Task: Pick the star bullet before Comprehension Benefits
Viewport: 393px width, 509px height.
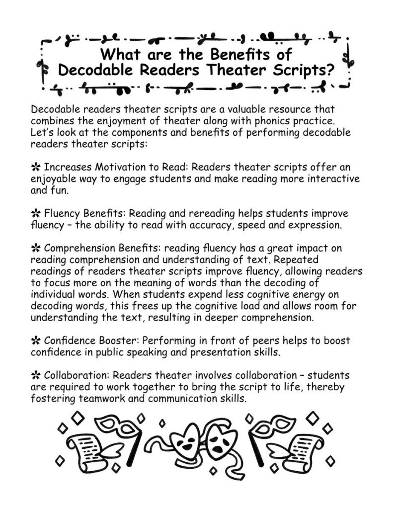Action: point(35,248)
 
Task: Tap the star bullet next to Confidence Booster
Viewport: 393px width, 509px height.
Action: point(35,340)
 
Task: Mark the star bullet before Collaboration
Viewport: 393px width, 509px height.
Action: point(35,374)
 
